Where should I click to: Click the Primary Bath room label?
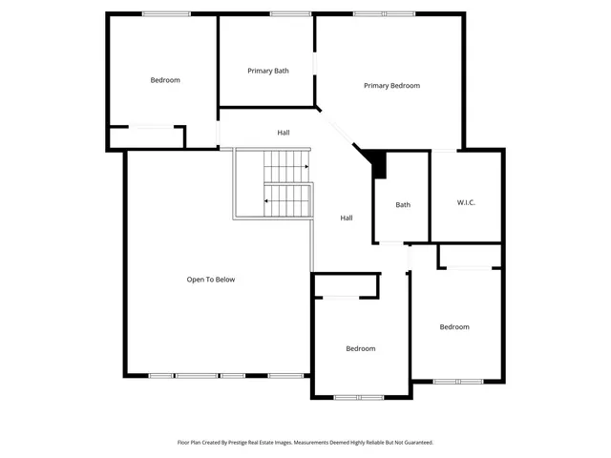(268, 71)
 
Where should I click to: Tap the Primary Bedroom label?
(391, 86)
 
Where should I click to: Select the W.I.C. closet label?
(466, 202)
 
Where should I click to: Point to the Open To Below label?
(210, 280)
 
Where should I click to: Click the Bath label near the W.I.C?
(403, 204)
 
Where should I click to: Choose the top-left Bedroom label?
(165, 80)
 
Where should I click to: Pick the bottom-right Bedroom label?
(454, 327)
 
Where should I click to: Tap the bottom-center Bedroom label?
(360, 348)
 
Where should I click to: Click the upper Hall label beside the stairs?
(284, 133)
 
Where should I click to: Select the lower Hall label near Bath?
(347, 218)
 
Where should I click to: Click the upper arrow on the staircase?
(306, 167)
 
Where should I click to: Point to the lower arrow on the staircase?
(266, 201)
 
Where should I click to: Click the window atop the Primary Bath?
(284, 13)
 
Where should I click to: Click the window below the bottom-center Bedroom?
(359, 397)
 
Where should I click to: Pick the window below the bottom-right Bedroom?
(458, 382)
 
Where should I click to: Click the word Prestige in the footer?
(260, 443)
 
